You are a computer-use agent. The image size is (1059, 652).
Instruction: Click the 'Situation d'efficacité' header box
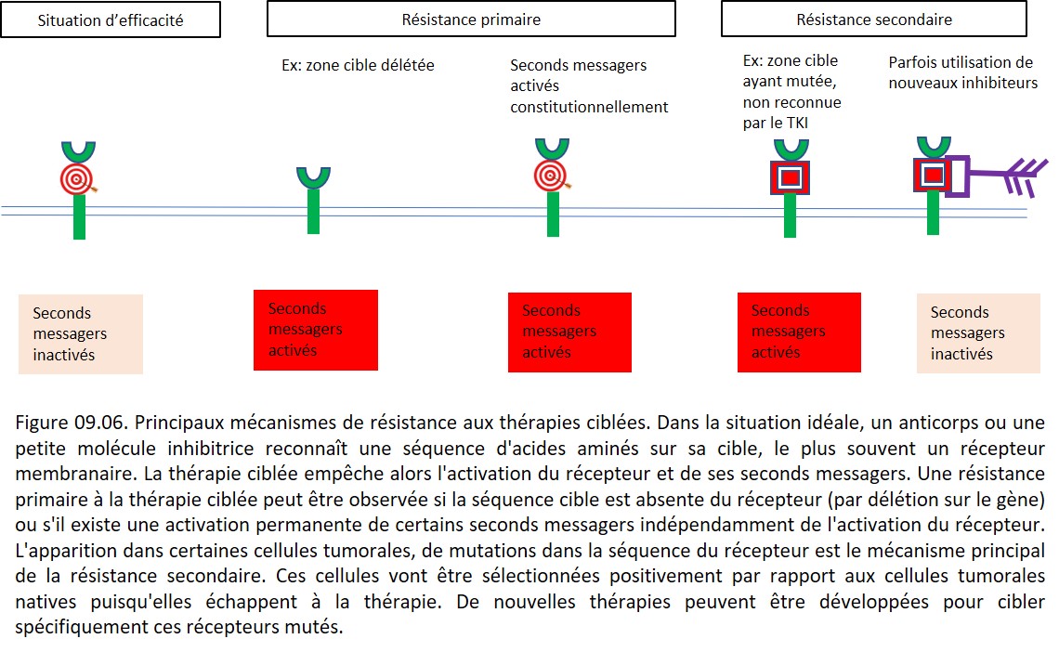point(111,20)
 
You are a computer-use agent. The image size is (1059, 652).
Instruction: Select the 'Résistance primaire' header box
point(471,19)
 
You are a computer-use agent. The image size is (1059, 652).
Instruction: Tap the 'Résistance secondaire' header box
point(874,19)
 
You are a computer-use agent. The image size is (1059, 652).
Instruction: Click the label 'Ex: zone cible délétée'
point(358,65)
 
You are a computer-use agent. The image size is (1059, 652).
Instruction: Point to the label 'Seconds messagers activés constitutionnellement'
point(589,85)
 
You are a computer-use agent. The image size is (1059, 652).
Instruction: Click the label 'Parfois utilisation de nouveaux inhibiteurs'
point(962,72)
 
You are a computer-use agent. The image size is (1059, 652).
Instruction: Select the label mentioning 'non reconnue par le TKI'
point(791,92)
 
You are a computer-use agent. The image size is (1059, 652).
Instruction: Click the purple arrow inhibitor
point(996,176)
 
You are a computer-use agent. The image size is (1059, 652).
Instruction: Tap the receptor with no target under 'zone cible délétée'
point(313,200)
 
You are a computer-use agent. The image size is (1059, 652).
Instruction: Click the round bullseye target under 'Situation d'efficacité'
point(76,179)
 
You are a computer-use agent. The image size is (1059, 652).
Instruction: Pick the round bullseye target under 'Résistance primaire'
point(551,176)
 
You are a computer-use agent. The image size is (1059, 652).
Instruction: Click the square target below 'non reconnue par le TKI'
point(791,177)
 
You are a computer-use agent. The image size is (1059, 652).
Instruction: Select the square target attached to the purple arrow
point(933,175)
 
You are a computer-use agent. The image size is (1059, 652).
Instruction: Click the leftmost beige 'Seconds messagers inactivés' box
point(81,334)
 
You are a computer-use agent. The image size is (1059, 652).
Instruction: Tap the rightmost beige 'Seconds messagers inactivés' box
point(978,333)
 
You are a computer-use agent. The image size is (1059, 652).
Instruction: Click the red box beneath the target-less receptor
point(316,330)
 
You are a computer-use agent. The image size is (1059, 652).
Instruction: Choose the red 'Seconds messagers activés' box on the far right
point(799,333)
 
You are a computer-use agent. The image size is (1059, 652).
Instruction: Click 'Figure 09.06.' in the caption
point(72,423)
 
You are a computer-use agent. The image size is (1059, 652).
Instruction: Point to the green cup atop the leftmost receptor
point(78,152)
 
